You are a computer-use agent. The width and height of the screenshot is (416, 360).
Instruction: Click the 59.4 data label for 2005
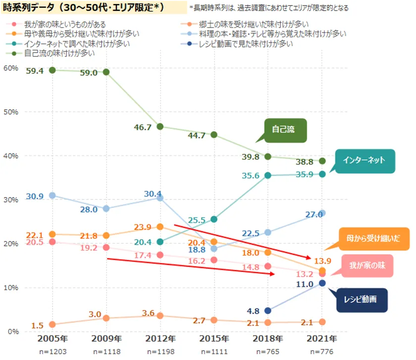coord(35,71)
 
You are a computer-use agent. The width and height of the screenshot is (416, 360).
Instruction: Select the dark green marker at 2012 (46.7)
coord(160,126)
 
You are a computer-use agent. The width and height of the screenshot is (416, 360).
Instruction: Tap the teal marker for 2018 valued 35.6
coord(268,175)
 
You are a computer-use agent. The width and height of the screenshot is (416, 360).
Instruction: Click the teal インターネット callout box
coord(365,160)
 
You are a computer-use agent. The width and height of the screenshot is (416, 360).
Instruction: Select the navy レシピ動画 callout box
coord(362,300)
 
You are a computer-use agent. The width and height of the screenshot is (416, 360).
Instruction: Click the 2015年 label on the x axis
coord(214,339)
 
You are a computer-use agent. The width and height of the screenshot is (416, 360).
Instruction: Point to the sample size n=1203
coord(52,352)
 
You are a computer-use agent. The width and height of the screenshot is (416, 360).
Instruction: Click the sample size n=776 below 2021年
coord(322,352)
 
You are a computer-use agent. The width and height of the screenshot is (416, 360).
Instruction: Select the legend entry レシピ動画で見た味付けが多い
coord(245,44)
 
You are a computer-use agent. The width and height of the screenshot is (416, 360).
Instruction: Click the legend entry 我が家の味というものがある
coord(64,24)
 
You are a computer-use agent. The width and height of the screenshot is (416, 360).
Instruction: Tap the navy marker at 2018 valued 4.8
coord(268,310)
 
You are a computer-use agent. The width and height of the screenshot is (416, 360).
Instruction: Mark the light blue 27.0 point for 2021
coord(322,213)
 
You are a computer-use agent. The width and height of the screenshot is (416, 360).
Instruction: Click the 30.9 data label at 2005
coord(35,196)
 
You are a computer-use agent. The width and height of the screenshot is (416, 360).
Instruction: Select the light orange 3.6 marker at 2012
coord(160,315)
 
